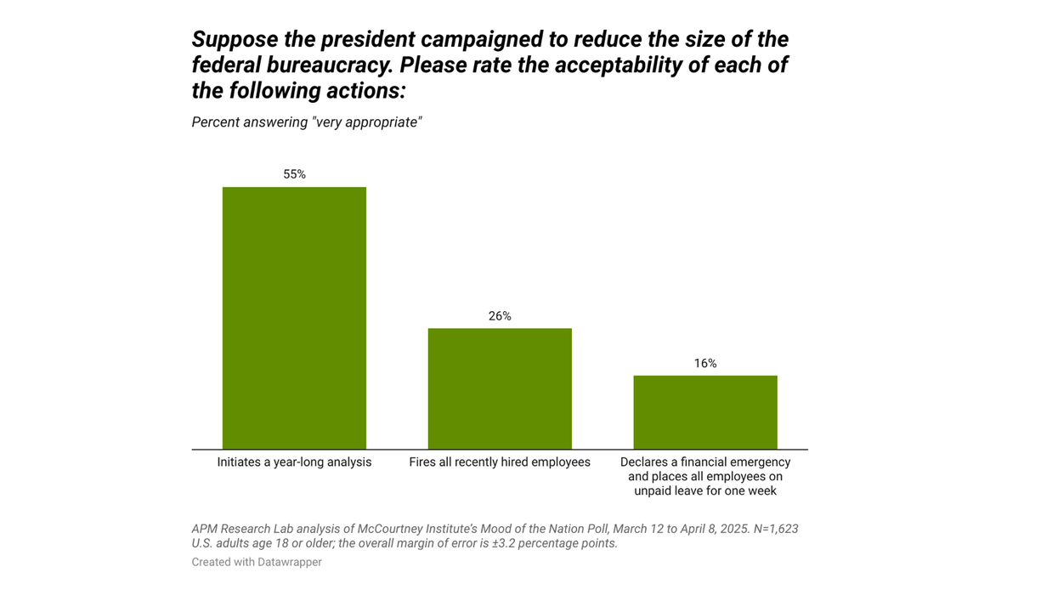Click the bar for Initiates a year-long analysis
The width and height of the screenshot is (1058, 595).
point(294,318)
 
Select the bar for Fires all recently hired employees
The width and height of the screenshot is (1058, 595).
point(500,388)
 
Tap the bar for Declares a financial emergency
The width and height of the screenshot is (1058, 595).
point(704,412)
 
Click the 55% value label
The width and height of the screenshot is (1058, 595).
point(294,174)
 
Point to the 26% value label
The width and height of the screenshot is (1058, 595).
point(500,316)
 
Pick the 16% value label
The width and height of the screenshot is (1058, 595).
point(704,364)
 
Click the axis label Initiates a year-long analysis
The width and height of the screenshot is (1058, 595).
point(294,462)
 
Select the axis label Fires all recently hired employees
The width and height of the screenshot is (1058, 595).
point(500,462)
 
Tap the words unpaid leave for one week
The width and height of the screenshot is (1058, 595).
point(704,490)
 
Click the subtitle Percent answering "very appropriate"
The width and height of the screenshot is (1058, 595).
point(307,122)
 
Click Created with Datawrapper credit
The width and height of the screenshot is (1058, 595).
point(257,562)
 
